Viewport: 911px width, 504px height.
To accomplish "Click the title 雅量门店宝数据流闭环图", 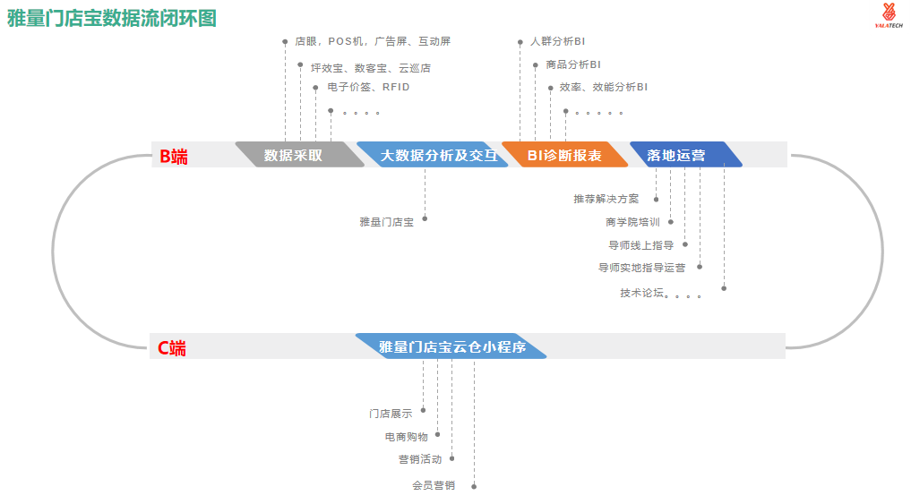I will click(x=112, y=18).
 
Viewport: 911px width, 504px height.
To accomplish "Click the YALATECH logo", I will click(x=888, y=16).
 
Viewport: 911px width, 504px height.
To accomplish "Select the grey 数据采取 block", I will click(x=294, y=155).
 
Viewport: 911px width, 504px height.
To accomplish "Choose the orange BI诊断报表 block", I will click(x=564, y=155).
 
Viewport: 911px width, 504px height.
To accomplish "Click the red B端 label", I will click(x=174, y=156).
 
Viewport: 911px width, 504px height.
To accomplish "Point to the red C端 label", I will click(x=172, y=348).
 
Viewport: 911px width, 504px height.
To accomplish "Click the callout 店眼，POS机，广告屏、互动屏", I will click(x=373, y=41).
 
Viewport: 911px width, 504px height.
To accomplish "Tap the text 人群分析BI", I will click(x=557, y=41).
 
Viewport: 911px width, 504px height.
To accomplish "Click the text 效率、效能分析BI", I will click(x=603, y=87).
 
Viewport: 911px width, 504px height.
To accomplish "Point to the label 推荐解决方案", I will click(x=606, y=199).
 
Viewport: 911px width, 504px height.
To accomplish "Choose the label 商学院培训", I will click(x=632, y=222).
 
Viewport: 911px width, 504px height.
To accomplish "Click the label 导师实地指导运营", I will click(x=642, y=267).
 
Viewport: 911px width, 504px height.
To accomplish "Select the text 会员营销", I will click(x=434, y=486).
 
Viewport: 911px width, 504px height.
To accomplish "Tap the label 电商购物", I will click(x=406, y=437).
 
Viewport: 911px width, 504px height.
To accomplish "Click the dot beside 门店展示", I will click(x=424, y=410).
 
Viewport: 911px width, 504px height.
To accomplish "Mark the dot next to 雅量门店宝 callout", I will click(x=425, y=218).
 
